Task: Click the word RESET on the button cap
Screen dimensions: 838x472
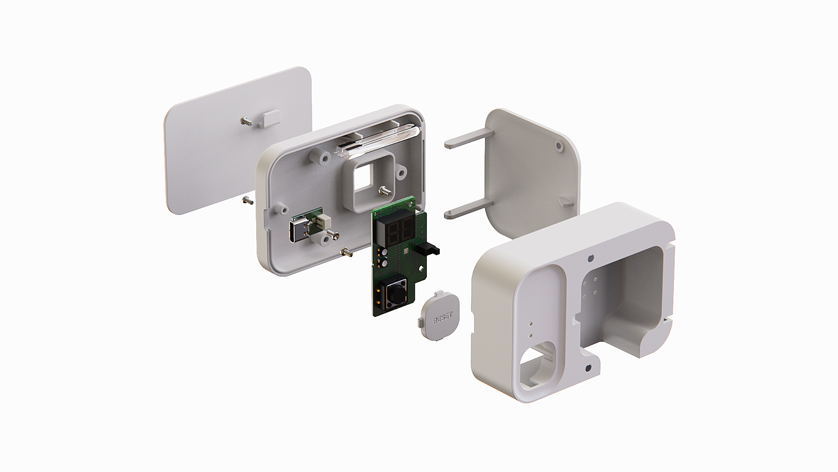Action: click(442, 318)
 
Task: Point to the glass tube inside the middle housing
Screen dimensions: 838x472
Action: click(377, 141)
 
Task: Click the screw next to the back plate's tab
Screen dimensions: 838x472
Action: click(246, 121)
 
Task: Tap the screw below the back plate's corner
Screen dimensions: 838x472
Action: click(247, 201)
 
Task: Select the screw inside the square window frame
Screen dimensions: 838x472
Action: click(384, 192)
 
